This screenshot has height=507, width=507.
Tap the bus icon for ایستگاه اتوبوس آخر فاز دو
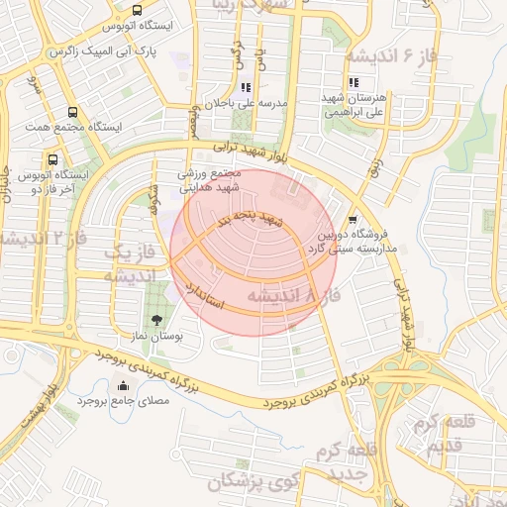tap(52, 158)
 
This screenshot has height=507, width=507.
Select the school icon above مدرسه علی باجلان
tap(245, 87)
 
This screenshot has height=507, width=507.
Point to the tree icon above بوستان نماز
tap(157, 319)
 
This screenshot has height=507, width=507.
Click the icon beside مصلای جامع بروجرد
tap(123, 386)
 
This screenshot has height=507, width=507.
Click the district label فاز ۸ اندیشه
tap(292, 295)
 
